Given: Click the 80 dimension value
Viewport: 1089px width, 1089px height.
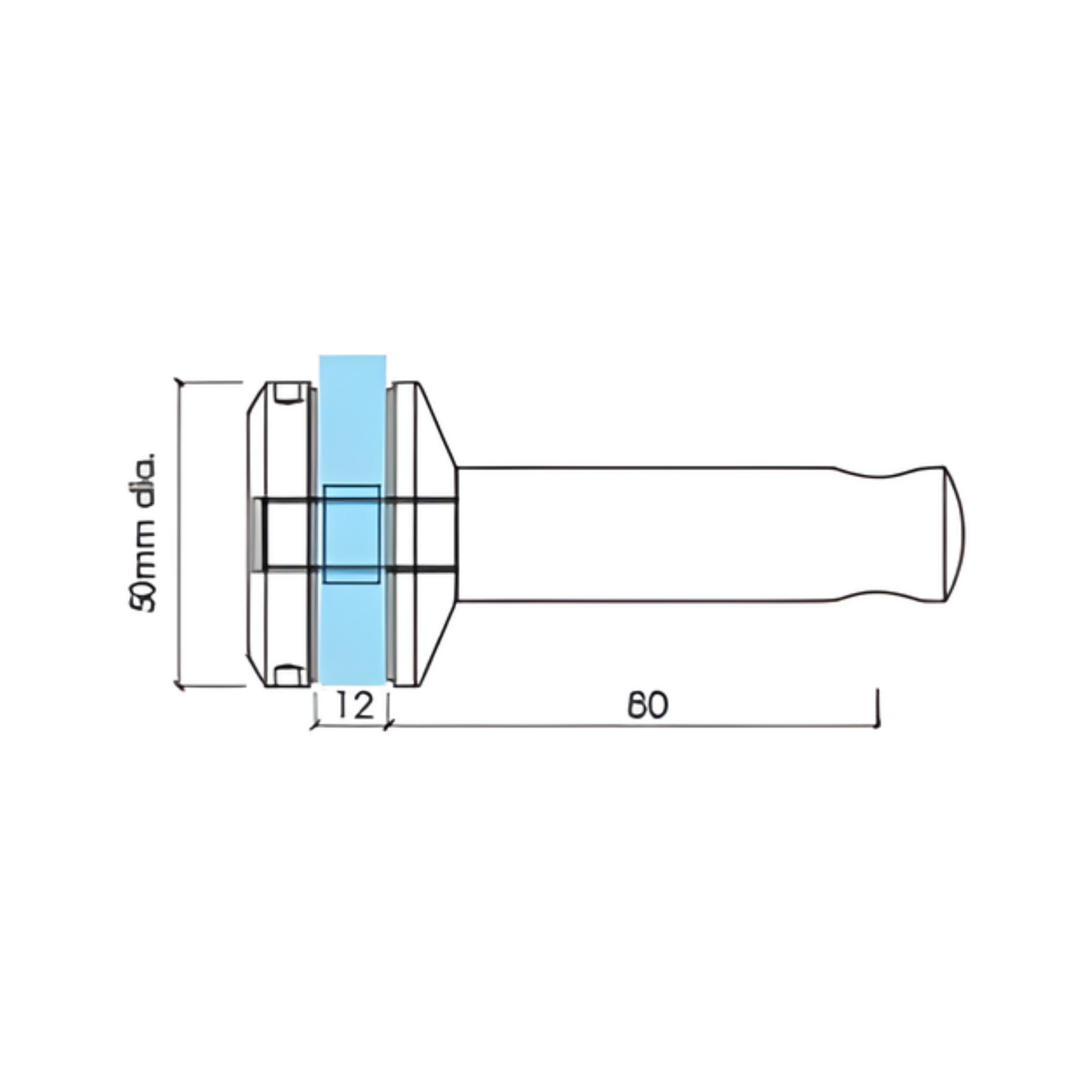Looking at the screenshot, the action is tap(647, 705).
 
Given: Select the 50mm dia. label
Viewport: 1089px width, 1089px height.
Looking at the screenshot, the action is tap(142, 532).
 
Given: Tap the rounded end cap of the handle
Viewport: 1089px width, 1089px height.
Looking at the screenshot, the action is tap(954, 534).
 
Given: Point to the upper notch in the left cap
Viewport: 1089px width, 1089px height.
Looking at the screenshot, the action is tap(288, 394).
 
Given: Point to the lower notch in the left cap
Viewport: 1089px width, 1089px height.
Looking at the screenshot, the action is tap(288, 675).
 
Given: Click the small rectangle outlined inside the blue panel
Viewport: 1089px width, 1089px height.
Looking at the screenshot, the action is tap(351, 534).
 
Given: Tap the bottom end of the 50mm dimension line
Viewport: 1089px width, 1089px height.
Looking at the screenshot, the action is tap(179, 687).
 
